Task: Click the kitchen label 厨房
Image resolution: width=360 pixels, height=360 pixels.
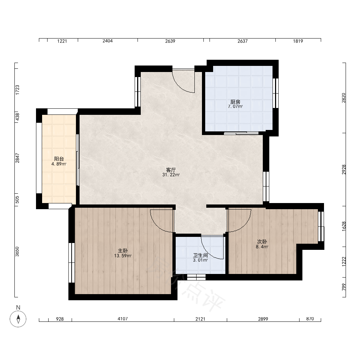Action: point(235,102)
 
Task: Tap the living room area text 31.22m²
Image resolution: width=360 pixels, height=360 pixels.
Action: point(171,175)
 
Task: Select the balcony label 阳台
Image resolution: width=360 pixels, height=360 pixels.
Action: point(59,159)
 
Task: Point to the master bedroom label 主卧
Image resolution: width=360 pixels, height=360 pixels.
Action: point(123,251)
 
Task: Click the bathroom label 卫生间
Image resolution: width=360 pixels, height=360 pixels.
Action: point(201,255)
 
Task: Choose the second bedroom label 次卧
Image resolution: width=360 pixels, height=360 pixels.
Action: point(262,242)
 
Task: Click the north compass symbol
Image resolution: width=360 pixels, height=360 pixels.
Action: point(18,319)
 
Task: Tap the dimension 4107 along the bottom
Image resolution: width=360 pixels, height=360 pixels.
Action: point(123,319)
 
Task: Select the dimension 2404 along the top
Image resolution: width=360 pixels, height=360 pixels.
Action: point(107,41)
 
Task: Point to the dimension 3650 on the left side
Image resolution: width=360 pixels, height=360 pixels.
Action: point(17,252)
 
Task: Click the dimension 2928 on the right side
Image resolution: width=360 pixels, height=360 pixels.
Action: point(344,170)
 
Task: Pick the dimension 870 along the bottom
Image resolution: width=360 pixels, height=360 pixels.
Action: point(310,319)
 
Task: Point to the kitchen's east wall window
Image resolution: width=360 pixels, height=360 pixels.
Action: point(275,93)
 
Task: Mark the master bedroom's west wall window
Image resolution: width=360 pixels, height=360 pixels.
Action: point(72,263)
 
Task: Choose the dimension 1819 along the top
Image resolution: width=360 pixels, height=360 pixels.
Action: point(298,41)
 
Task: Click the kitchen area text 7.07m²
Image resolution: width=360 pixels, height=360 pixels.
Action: point(235,107)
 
